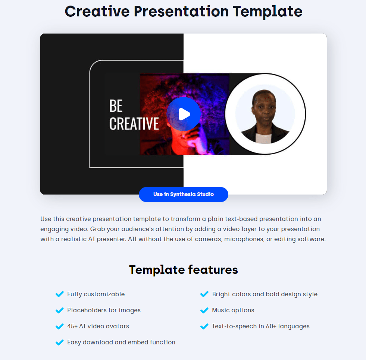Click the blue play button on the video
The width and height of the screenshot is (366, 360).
[184, 114]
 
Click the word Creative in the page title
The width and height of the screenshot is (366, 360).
[97, 12]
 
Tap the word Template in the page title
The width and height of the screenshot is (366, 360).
[268, 12]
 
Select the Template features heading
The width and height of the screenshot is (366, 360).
[184, 270]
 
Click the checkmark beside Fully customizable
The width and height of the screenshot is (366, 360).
[60, 294]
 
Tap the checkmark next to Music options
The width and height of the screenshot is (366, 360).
[204, 310]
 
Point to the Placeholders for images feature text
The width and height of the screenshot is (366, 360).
[104, 310]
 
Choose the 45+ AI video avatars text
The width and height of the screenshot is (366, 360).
[98, 326]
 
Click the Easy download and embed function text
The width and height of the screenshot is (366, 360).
[121, 342]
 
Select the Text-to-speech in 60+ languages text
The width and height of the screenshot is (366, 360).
[261, 326]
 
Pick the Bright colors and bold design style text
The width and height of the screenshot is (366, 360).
[265, 294]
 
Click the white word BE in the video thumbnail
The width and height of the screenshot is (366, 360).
[116, 105]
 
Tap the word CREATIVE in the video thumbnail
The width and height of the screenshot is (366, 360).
[134, 124]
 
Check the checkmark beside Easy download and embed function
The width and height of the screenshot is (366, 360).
[60, 342]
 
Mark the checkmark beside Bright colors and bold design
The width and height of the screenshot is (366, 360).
[204, 294]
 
